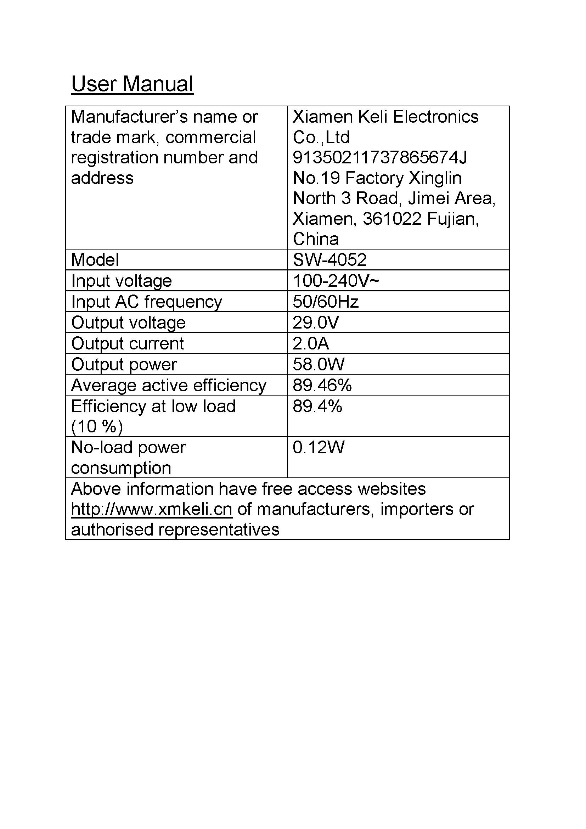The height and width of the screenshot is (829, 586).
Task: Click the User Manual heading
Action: [132, 84]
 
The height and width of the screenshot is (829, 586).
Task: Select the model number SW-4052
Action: [329, 260]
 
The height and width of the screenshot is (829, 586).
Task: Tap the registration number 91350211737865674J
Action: [379, 158]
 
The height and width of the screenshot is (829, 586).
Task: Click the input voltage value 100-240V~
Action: [336, 281]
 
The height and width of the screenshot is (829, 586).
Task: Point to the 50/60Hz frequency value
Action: [326, 302]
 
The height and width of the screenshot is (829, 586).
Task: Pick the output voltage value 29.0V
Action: [316, 323]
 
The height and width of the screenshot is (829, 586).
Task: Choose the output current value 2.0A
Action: [311, 343]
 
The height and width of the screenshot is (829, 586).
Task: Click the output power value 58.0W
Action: [318, 364]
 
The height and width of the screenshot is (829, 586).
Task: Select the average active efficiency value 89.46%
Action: [322, 385]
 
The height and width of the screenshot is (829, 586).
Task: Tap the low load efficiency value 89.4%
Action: [317, 406]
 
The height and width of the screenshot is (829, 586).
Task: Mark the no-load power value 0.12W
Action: [318, 447]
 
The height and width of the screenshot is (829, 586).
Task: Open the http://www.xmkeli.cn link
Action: [152, 509]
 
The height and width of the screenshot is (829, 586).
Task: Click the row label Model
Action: [95, 260]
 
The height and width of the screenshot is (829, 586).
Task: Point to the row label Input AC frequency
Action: [147, 302]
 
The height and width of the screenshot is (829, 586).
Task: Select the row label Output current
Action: [128, 343]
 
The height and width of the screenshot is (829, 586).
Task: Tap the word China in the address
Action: [316, 239]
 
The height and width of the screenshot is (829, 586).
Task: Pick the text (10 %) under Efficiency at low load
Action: [97, 427]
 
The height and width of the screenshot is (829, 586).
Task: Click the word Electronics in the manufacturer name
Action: [435, 117]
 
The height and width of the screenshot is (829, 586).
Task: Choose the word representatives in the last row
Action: [219, 530]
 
